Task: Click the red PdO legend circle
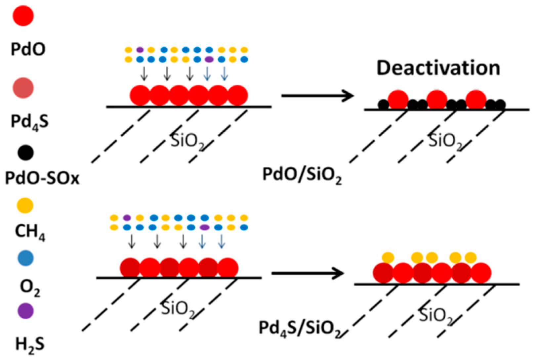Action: [23, 16]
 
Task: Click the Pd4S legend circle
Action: [23, 88]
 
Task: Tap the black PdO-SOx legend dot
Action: [25, 153]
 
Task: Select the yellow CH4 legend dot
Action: [25, 205]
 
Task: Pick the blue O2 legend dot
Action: [25, 258]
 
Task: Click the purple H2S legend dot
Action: [25, 311]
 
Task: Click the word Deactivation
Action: [438, 68]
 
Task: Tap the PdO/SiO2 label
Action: [302, 174]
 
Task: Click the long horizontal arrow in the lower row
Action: [307, 273]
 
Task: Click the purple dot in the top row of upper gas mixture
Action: [140, 50]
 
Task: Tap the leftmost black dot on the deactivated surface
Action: [383, 105]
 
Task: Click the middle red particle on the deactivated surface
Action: [437, 100]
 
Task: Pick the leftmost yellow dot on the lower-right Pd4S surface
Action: [388, 257]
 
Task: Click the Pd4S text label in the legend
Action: [30, 121]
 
